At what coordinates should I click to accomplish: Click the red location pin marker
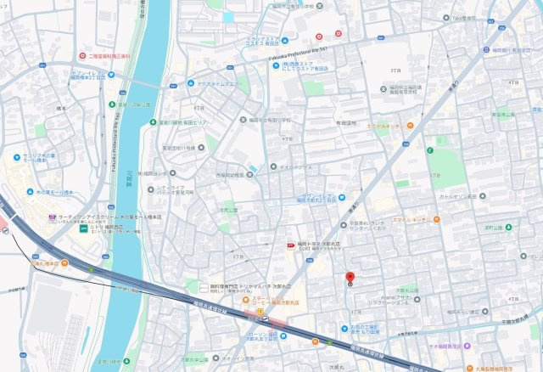[350, 278]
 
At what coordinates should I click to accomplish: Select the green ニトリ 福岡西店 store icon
[82, 228]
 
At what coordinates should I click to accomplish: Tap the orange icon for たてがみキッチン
[409, 125]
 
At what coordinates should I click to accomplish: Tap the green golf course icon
[429, 152]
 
